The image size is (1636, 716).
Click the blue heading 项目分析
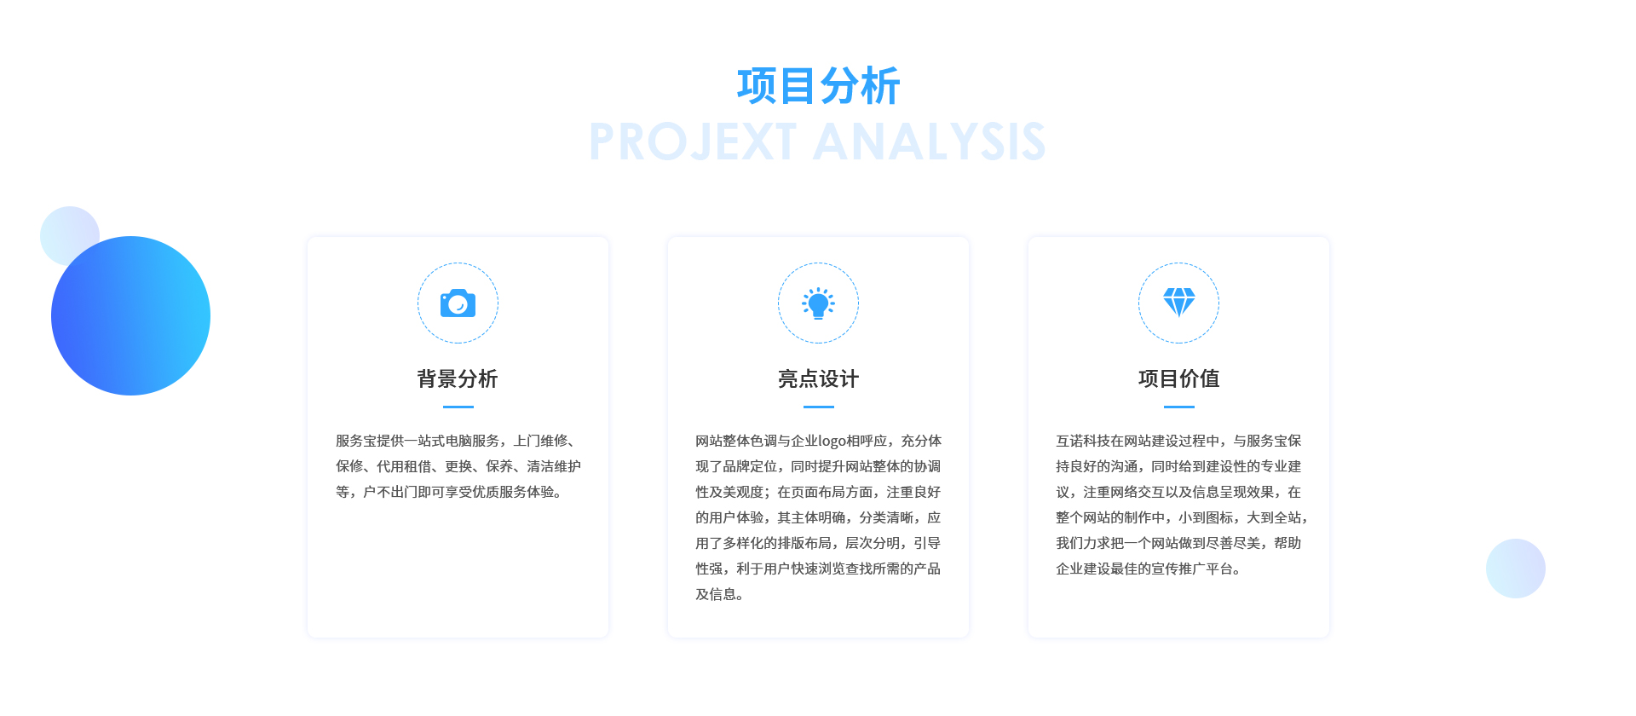[x=818, y=86]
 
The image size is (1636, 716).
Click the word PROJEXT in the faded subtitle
[x=693, y=141]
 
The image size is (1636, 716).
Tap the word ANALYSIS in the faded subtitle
[x=930, y=141]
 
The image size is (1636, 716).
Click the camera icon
[x=458, y=303]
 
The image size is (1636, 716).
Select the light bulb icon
[x=818, y=303]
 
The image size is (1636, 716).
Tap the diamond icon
[x=1179, y=303]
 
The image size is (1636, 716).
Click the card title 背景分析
[x=458, y=378]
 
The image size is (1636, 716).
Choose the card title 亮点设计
[x=818, y=378]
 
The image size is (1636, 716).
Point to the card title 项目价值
[x=1179, y=378]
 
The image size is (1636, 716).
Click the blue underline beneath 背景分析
[x=458, y=407]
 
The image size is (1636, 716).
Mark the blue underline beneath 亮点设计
[x=818, y=407]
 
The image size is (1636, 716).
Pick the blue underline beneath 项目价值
[x=1179, y=407]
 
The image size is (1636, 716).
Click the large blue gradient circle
[x=130, y=315]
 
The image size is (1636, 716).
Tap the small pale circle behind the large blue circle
[x=64, y=226]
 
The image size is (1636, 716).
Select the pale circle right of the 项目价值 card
[x=1516, y=569]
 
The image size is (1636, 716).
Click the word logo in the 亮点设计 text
[x=832, y=442]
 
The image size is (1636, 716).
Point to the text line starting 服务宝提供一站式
[x=458, y=441]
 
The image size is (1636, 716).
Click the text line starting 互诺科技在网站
[x=1178, y=441]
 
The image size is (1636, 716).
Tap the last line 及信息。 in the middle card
[x=720, y=594]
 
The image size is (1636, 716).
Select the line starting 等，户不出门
[x=449, y=492]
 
